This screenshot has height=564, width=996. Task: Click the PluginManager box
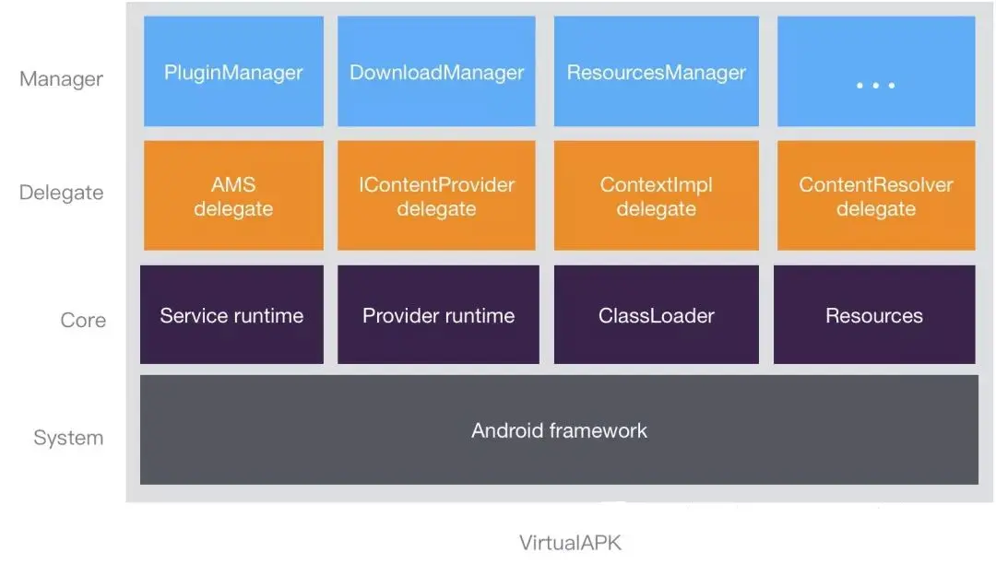point(233,72)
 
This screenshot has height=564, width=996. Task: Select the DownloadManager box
point(437,72)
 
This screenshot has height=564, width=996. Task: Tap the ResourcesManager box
point(656,72)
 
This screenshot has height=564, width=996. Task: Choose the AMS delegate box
point(233,195)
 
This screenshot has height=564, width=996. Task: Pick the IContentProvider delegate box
point(437,195)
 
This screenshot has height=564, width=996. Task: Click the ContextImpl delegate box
point(656,195)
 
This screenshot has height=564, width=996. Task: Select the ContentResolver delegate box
point(875,195)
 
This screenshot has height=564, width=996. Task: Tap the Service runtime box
point(231,315)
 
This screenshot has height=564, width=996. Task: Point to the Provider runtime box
point(438,315)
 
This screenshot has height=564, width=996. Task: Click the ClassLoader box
point(656,315)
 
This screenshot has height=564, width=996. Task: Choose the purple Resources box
point(873,315)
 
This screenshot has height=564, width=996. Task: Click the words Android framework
point(559,430)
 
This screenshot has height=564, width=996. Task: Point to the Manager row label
point(61,79)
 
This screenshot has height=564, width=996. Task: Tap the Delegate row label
point(61,194)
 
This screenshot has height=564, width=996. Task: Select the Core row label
point(83,321)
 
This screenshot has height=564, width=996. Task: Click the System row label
point(68,438)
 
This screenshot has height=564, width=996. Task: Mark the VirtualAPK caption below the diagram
point(570,543)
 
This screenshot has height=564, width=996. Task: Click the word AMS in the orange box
point(233,184)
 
